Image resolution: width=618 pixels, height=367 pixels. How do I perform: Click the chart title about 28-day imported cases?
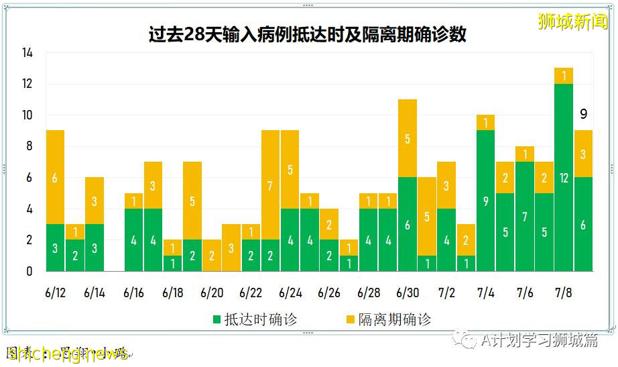pos(308,34)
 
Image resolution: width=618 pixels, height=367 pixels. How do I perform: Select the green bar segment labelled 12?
pos(563,178)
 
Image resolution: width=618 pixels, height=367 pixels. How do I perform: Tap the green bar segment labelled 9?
pos(485,201)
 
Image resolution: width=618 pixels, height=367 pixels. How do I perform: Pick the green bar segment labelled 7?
pos(524,216)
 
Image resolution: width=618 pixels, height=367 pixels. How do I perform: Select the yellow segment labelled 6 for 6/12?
pos(55,178)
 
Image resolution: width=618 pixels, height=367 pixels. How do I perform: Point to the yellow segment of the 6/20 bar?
pos(212,255)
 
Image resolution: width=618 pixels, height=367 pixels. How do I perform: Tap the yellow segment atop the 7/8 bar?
pos(563,76)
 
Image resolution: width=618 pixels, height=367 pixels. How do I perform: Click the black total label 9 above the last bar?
pos(583,114)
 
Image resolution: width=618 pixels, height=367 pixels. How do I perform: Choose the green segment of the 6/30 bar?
pos(407,225)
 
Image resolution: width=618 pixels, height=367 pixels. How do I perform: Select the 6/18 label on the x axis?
pos(173,293)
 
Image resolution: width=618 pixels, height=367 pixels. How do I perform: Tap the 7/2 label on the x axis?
pos(446,293)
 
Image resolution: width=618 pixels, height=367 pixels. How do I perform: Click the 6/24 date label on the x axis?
pos(290,293)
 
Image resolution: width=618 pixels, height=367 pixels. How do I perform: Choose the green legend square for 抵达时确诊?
pos(217,319)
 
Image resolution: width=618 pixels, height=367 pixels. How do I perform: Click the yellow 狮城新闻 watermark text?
pos(572,21)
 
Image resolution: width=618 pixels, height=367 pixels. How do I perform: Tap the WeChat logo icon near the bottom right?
pos(465,340)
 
